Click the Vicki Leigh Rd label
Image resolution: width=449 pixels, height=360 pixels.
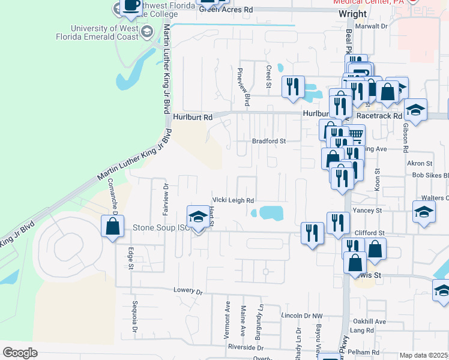(x=234, y=200)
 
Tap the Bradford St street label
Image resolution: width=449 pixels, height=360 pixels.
(x=267, y=141)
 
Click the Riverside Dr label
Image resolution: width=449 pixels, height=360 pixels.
(x=244, y=347)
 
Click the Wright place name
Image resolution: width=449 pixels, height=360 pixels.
(x=352, y=13)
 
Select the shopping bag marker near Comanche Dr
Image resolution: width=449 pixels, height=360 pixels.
(x=113, y=227)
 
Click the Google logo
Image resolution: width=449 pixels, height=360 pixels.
(x=20, y=353)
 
